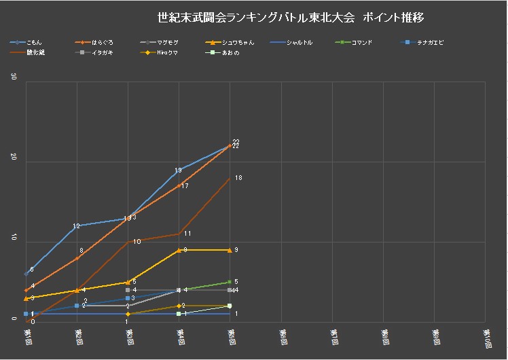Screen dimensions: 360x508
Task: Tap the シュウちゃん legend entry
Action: (x=238, y=43)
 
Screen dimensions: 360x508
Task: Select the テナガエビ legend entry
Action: (x=429, y=43)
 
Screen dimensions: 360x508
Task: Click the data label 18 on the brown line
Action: (x=238, y=178)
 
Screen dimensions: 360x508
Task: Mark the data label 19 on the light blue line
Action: (x=178, y=170)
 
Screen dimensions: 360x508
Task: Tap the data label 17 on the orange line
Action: (x=185, y=186)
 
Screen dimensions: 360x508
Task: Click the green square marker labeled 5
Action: (x=230, y=282)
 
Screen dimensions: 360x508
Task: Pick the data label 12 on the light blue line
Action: (x=76, y=226)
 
